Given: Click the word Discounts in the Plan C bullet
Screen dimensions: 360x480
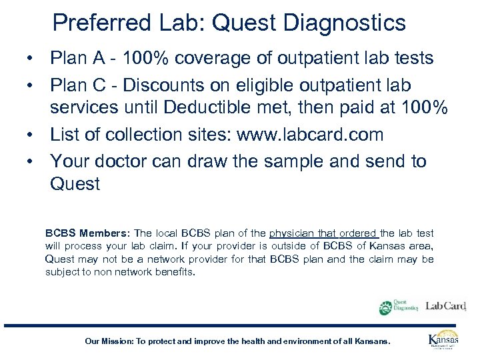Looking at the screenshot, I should pyautogui.click(x=151, y=87).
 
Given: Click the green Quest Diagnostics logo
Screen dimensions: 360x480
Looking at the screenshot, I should pyautogui.click(x=398, y=306).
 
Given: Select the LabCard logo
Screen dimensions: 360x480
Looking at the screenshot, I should pyautogui.click(x=446, y=306).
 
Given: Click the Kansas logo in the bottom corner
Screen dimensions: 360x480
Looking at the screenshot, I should pyautogui.click(x=443, y=339).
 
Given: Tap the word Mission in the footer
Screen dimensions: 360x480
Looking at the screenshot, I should pyautogui.click(x=117, y=341).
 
